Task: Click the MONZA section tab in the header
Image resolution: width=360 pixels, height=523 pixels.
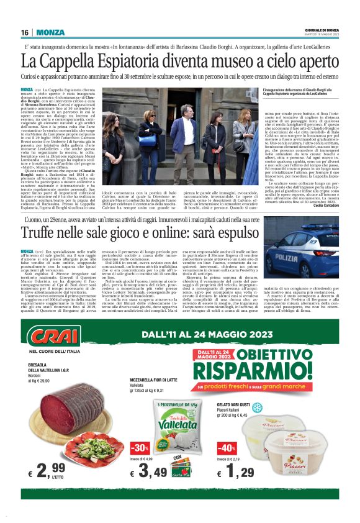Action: coord(50,32)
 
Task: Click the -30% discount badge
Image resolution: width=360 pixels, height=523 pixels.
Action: coord(139,448)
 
